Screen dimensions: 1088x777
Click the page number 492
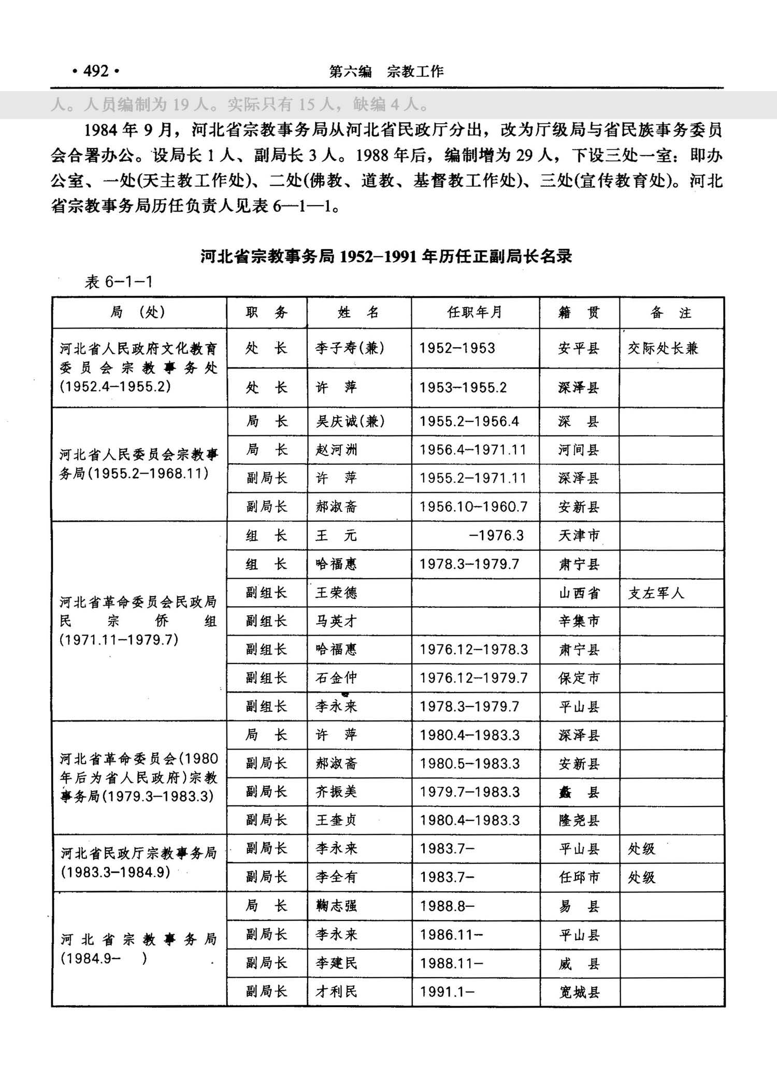point(96,71)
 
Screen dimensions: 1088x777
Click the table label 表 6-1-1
point(119,282)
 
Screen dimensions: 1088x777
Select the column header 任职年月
point(474,312)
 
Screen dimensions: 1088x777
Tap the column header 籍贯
point(579,312)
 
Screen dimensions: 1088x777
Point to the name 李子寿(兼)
point(350,348)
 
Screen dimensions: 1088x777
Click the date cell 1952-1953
point(457,348)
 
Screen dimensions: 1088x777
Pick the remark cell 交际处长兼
point(663,348)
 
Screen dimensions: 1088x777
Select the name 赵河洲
point(337,449)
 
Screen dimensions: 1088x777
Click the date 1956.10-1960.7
point(473,506)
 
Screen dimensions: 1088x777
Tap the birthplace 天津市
point(579,535)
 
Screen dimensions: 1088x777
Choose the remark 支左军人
point(656,593)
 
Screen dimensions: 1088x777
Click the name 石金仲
point(337,678)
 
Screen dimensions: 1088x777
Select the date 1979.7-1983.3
point(470,791)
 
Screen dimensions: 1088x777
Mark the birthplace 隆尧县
point(579,820)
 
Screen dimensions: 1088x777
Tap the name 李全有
point(337,877)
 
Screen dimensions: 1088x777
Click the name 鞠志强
point(337,906)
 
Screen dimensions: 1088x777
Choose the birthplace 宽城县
point(579,992)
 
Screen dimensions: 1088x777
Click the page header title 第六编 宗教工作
point(386,71)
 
